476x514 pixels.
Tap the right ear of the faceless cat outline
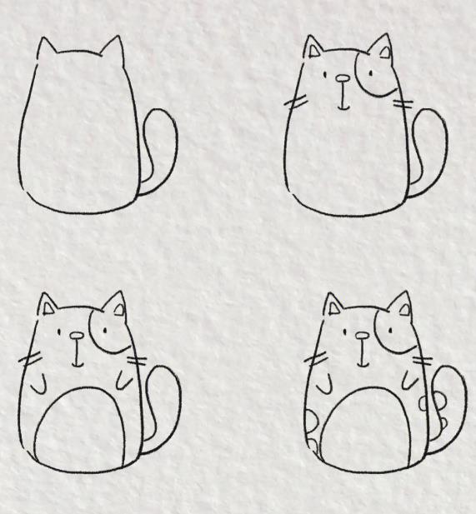(x=112, y=52)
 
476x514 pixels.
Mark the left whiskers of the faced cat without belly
(x=293, y=104)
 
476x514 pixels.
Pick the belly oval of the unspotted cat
(x=83, y=429)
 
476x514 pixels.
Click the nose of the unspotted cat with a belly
(x=76, y=337)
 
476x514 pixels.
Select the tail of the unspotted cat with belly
(x=168, y=408)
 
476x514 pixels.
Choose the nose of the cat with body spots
(x=362, y=337)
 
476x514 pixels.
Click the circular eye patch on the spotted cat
(x=392, y=332)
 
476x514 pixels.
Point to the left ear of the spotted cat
(x=333, y=307)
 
